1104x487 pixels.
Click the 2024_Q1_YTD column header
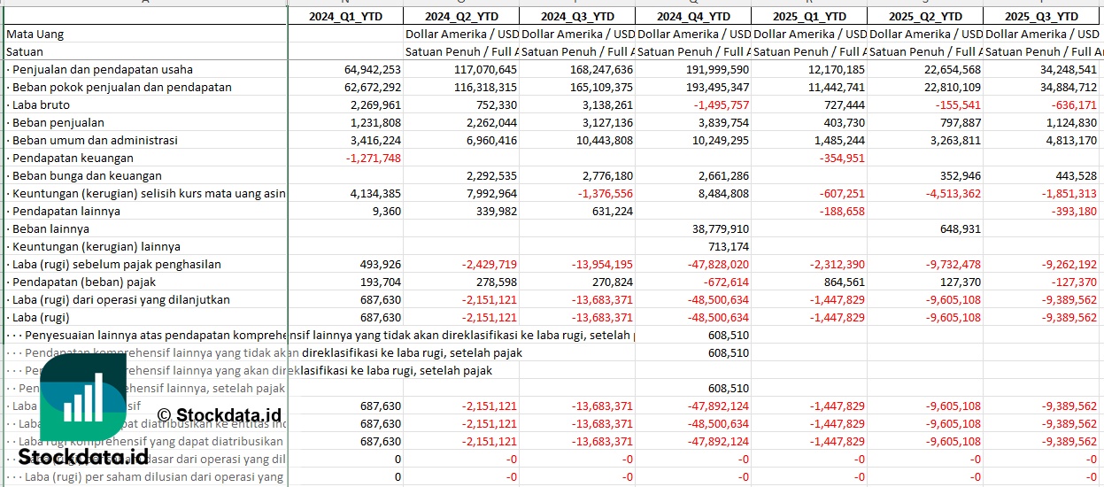[x=345, y=16]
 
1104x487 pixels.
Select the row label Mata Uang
[x=35, y=34]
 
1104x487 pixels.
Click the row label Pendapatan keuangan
[x=70, y=158]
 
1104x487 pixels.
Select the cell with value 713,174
[x=728, y=246]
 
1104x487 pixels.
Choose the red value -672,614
[x=725, y=282]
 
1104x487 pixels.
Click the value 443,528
[x=1072, y=175]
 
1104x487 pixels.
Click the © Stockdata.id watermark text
[x=219, y=414]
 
